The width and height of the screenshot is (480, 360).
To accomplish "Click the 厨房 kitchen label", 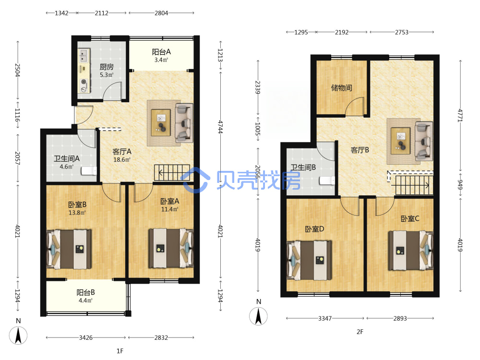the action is pos(107,67).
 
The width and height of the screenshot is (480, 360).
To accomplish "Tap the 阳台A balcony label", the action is pos(161,52).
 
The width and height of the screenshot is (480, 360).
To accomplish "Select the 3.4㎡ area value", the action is pos(161,60).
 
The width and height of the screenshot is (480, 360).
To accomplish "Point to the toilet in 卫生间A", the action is pos(89,171).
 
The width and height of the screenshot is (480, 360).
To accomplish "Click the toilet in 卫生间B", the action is pos(327,180).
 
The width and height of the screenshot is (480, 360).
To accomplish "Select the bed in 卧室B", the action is pos(69,249).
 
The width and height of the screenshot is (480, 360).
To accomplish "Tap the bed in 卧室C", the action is pos(410,251).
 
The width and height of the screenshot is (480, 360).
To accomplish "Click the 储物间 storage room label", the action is pos(342,88).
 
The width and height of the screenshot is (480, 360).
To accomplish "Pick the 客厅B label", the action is pos(360,150).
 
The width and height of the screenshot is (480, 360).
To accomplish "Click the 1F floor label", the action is pos(120,351).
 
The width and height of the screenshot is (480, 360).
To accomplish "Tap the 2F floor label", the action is pos(360,332).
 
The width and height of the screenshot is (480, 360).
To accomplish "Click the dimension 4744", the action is pos(220,127).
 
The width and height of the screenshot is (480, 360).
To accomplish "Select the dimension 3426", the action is pos(86,337).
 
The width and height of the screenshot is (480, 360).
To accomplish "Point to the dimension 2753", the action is pos(402,32).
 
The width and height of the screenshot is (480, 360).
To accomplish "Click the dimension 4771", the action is pos(460,115).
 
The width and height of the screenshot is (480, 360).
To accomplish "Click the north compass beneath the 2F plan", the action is pos(258,316).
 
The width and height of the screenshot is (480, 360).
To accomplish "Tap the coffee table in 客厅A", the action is pos(161,122).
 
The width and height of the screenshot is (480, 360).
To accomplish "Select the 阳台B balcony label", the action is pos(86,293).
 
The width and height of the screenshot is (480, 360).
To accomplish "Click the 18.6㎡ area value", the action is pos(122,160).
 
